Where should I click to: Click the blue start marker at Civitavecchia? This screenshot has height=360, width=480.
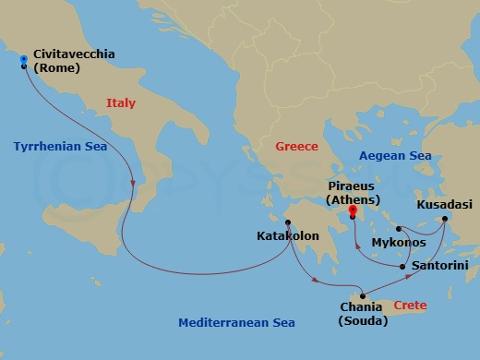(23, 60)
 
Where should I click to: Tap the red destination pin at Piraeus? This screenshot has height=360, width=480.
(352, 210)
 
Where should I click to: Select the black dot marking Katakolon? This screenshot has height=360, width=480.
(288, 222)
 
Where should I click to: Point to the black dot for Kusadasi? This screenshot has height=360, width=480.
(445, 219)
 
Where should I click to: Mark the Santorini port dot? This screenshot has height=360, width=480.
(403, 267)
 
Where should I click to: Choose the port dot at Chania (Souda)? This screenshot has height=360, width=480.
(363, 295)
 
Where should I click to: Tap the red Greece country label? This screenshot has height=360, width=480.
(296, 147)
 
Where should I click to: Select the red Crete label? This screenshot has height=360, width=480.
(410, 304)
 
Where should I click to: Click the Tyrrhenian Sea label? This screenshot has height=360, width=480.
(60, 147)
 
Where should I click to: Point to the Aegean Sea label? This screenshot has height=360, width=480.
(393, 156)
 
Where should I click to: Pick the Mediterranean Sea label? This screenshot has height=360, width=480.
(237, 322)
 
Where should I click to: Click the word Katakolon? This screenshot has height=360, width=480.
(288, 236)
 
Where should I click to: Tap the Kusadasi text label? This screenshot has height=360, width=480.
(444, 204)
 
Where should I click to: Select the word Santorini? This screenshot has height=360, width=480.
(440, 266)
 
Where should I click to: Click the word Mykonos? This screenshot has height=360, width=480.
(398, 243)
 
